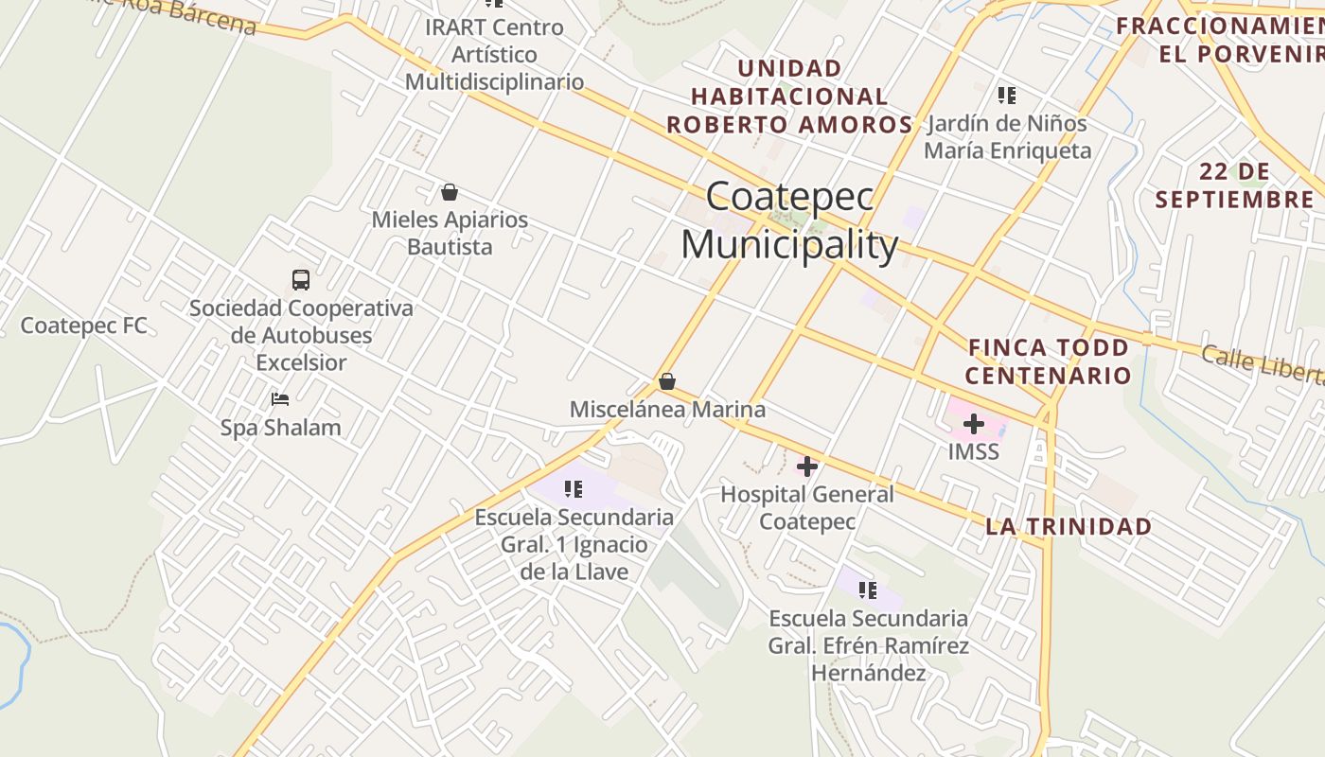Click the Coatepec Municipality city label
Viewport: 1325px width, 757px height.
(x=789, y=221)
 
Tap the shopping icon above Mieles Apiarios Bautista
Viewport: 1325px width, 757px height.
(x=450, y=192)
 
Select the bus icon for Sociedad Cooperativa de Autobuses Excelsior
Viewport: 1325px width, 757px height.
(x=301, y=280)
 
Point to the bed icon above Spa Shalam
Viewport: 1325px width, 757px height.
(x=280, y=399)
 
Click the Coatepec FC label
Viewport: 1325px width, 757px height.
(x=84, y=326)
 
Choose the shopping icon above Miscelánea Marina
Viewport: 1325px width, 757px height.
(x=667, y=381)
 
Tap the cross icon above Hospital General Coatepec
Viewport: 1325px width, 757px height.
(x=807, y=466)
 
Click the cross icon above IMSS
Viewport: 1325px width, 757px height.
(x=973, y=424)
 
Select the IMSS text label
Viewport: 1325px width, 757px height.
(x=973, y=451)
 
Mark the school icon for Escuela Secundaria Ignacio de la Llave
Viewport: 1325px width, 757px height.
(x=574, y=489)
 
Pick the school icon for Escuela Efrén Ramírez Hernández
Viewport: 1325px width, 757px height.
(x=868, y=590)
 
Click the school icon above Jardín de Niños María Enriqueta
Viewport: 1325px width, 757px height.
(x=1007, y=96)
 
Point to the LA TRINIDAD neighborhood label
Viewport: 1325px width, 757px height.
(x=1069, y=527)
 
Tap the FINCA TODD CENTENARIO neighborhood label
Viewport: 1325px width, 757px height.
(x=1048, y=361)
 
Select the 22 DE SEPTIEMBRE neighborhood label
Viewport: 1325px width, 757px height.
(x=1234, y=185)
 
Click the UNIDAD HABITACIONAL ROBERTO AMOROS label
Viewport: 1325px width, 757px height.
(x=789, y=97)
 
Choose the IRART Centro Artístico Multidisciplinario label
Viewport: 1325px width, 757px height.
(x=494, y=55)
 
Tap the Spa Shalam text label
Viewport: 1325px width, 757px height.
(x=280, y=428)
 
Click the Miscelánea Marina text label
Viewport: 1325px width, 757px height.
(x=667, y=410)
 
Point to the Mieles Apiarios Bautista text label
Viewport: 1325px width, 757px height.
(x=450, y=233)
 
